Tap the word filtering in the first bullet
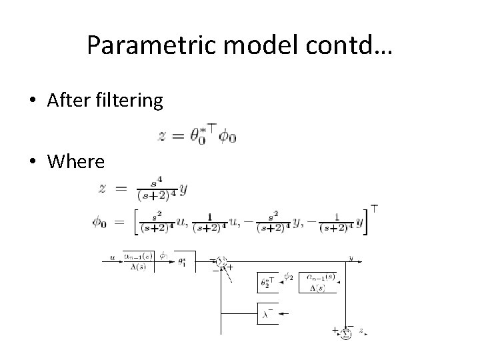click(128, 101)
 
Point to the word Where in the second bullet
click(76, 161)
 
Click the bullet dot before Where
click(33, 162)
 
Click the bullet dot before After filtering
click(33, 101)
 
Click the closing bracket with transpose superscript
click(368, 220)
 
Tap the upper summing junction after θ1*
click(223, 262)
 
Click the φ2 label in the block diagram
click(288, 275)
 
